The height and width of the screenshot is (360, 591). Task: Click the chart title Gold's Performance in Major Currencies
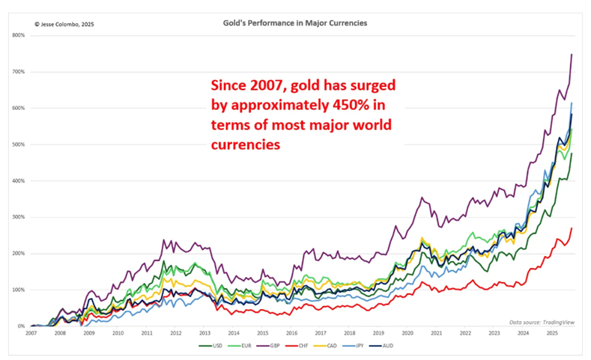295,23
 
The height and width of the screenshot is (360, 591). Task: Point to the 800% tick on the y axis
18,35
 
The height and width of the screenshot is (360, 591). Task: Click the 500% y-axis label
18,144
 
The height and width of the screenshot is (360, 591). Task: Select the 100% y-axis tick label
18,290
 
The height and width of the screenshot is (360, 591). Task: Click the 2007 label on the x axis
31,334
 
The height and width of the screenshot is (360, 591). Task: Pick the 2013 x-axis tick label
204,334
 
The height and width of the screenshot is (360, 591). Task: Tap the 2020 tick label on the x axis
407,334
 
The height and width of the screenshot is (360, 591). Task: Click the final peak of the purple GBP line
572,54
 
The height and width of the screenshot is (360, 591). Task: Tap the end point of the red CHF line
572,228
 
